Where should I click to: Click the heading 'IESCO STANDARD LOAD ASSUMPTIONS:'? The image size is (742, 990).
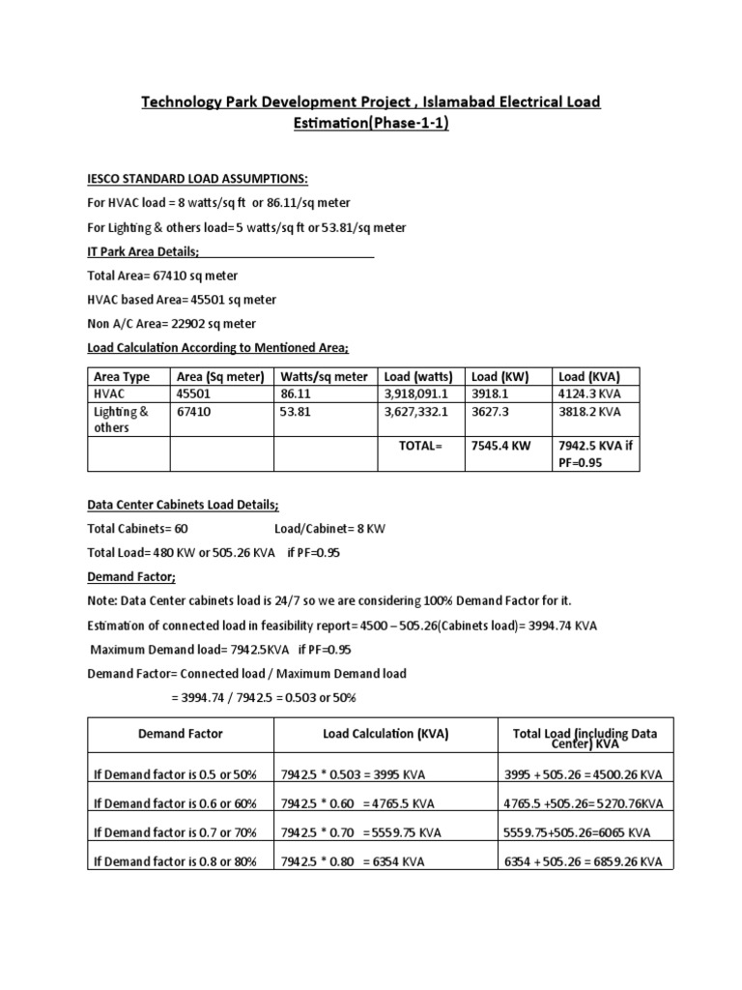[x=197, y=179]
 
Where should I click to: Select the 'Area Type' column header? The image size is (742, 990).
[x=121, y=377]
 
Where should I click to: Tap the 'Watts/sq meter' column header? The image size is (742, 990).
[x=323, y=377]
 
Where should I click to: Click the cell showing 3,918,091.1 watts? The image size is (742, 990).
[x=416, y=394]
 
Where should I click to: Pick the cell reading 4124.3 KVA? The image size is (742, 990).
[x=589, y=394]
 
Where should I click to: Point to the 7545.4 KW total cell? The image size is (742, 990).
[x=502, y=446]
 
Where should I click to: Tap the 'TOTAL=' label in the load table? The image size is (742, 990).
[x=419, y=446]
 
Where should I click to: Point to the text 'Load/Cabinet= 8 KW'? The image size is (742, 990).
[x=329, y=529]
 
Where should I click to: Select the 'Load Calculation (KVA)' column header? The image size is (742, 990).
[x=385, y=734]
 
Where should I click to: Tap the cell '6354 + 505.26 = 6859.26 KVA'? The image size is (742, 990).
[x=584, y=861]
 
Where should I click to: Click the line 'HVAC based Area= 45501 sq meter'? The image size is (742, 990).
[x=182, y=300]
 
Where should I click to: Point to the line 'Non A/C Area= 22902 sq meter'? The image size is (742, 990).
[x=172, y=324]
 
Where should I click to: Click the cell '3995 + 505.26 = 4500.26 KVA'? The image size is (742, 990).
[x=584, y=775]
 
